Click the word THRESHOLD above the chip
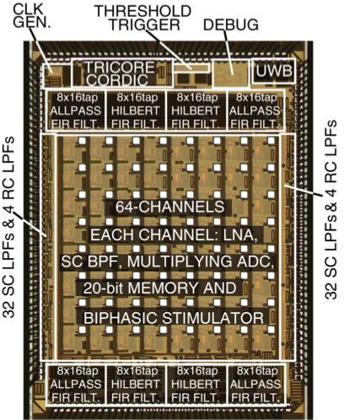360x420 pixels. pos(143,11)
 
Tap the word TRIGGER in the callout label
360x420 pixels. pos(145,24)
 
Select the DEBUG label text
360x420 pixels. pos(231,24)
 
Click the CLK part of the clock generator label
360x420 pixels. pos(28,9)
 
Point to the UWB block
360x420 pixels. pos(273,71)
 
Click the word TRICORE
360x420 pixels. pos(120,67)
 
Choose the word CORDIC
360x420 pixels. pos(117,80)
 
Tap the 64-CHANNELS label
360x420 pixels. pos(169,207)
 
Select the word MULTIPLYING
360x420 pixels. pos(180,261)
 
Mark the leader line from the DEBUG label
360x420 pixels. pos(228,52)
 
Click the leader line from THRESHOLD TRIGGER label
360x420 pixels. pos(169,49)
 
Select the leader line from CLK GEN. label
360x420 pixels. pos(40,50)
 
